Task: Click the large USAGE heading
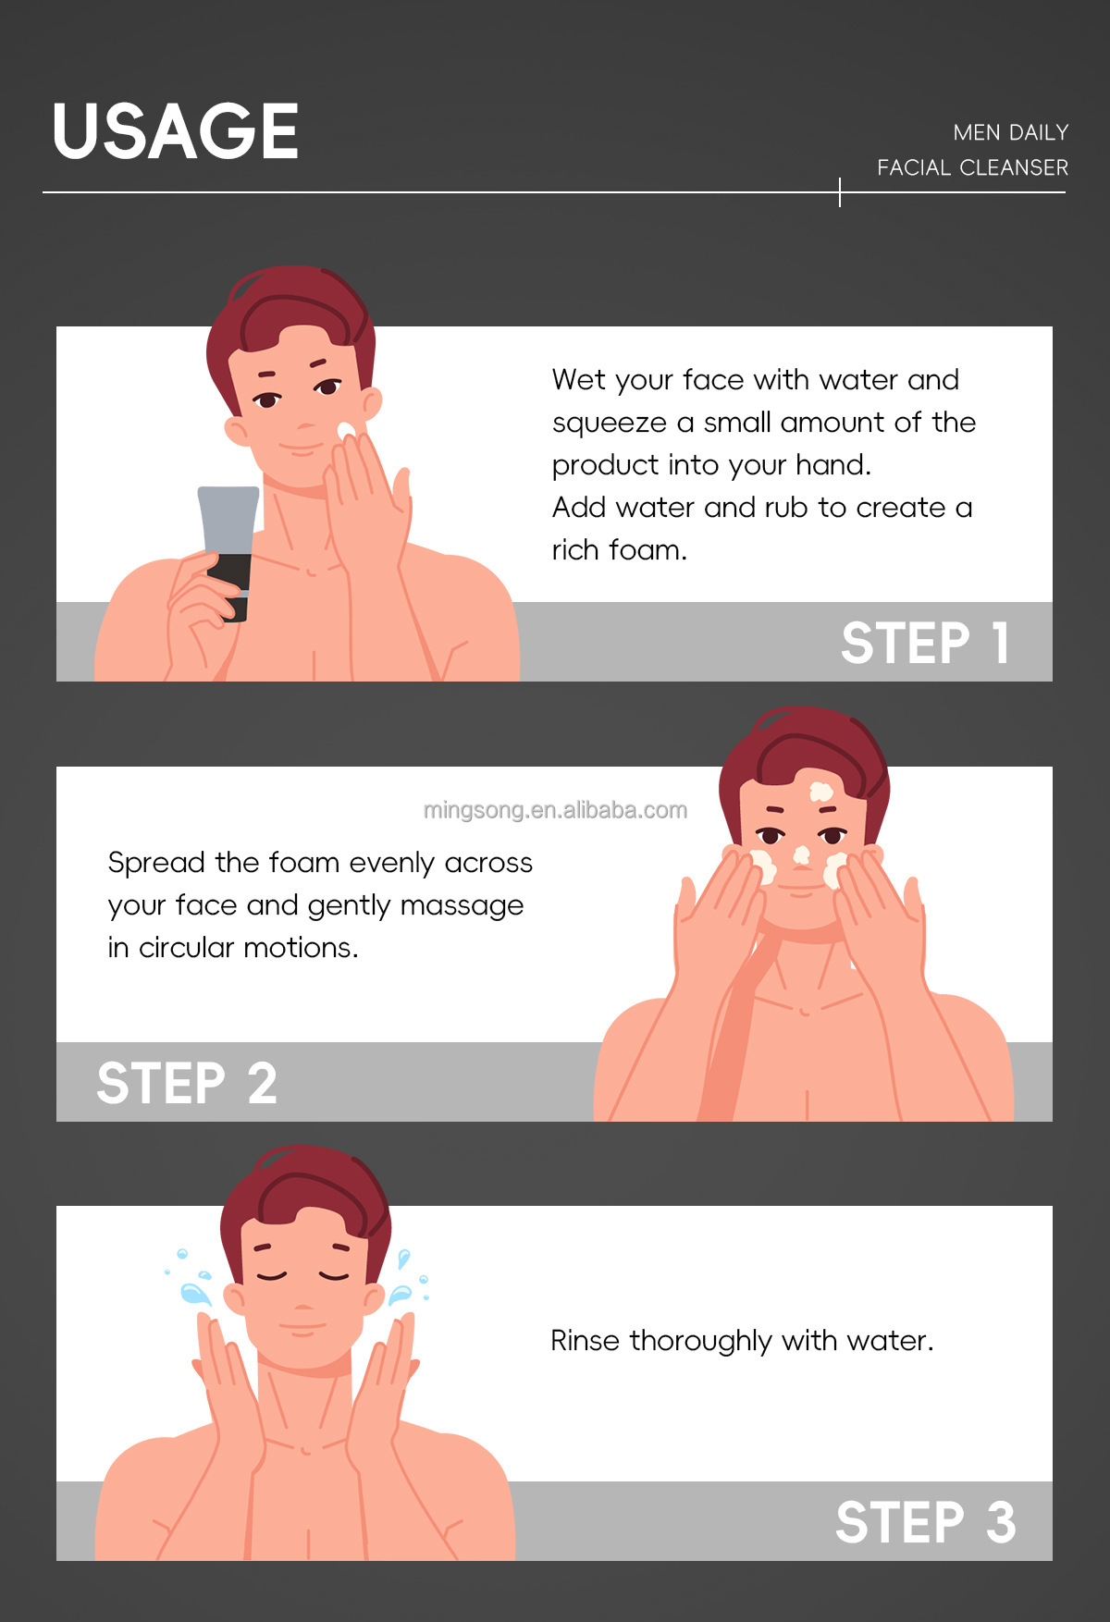click(x=176, y=131)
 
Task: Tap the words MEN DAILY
click(x=1011, y=133)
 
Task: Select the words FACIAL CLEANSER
click(x=973, y=168)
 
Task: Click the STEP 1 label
click(x=925, y=643)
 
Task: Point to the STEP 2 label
click(x=187, y=1083)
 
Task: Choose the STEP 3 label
click(x=926, y=1522)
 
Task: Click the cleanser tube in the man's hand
click(x=228, y=552)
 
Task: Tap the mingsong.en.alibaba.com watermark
click(x=555, y=810)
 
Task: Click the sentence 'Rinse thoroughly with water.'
click(x=742, y=1341)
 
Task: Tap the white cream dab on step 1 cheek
click(x=346, y=431)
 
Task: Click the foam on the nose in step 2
click(x=802, y=855)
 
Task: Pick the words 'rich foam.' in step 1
click(x=620, y=550)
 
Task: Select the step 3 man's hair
click(x=305, y=1193)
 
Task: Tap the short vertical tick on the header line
click(x=840, y=192)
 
